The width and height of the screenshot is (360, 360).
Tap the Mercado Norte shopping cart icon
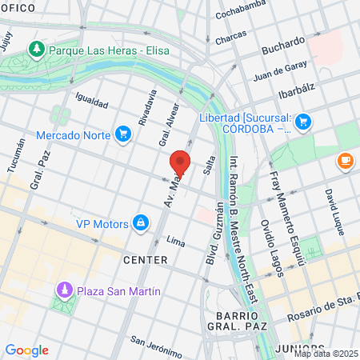click(122, 134)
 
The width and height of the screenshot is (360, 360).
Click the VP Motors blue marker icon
click(140, 222)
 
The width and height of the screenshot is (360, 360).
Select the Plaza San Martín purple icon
click(62, 290)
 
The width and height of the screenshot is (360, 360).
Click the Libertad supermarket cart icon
click(302, 122)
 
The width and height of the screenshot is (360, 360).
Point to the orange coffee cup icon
click(346, 161)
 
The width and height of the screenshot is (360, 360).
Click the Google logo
click(26, 350)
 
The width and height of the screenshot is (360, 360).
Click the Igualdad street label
click(90, 103)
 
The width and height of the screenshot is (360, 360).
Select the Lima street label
click(175, 241)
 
